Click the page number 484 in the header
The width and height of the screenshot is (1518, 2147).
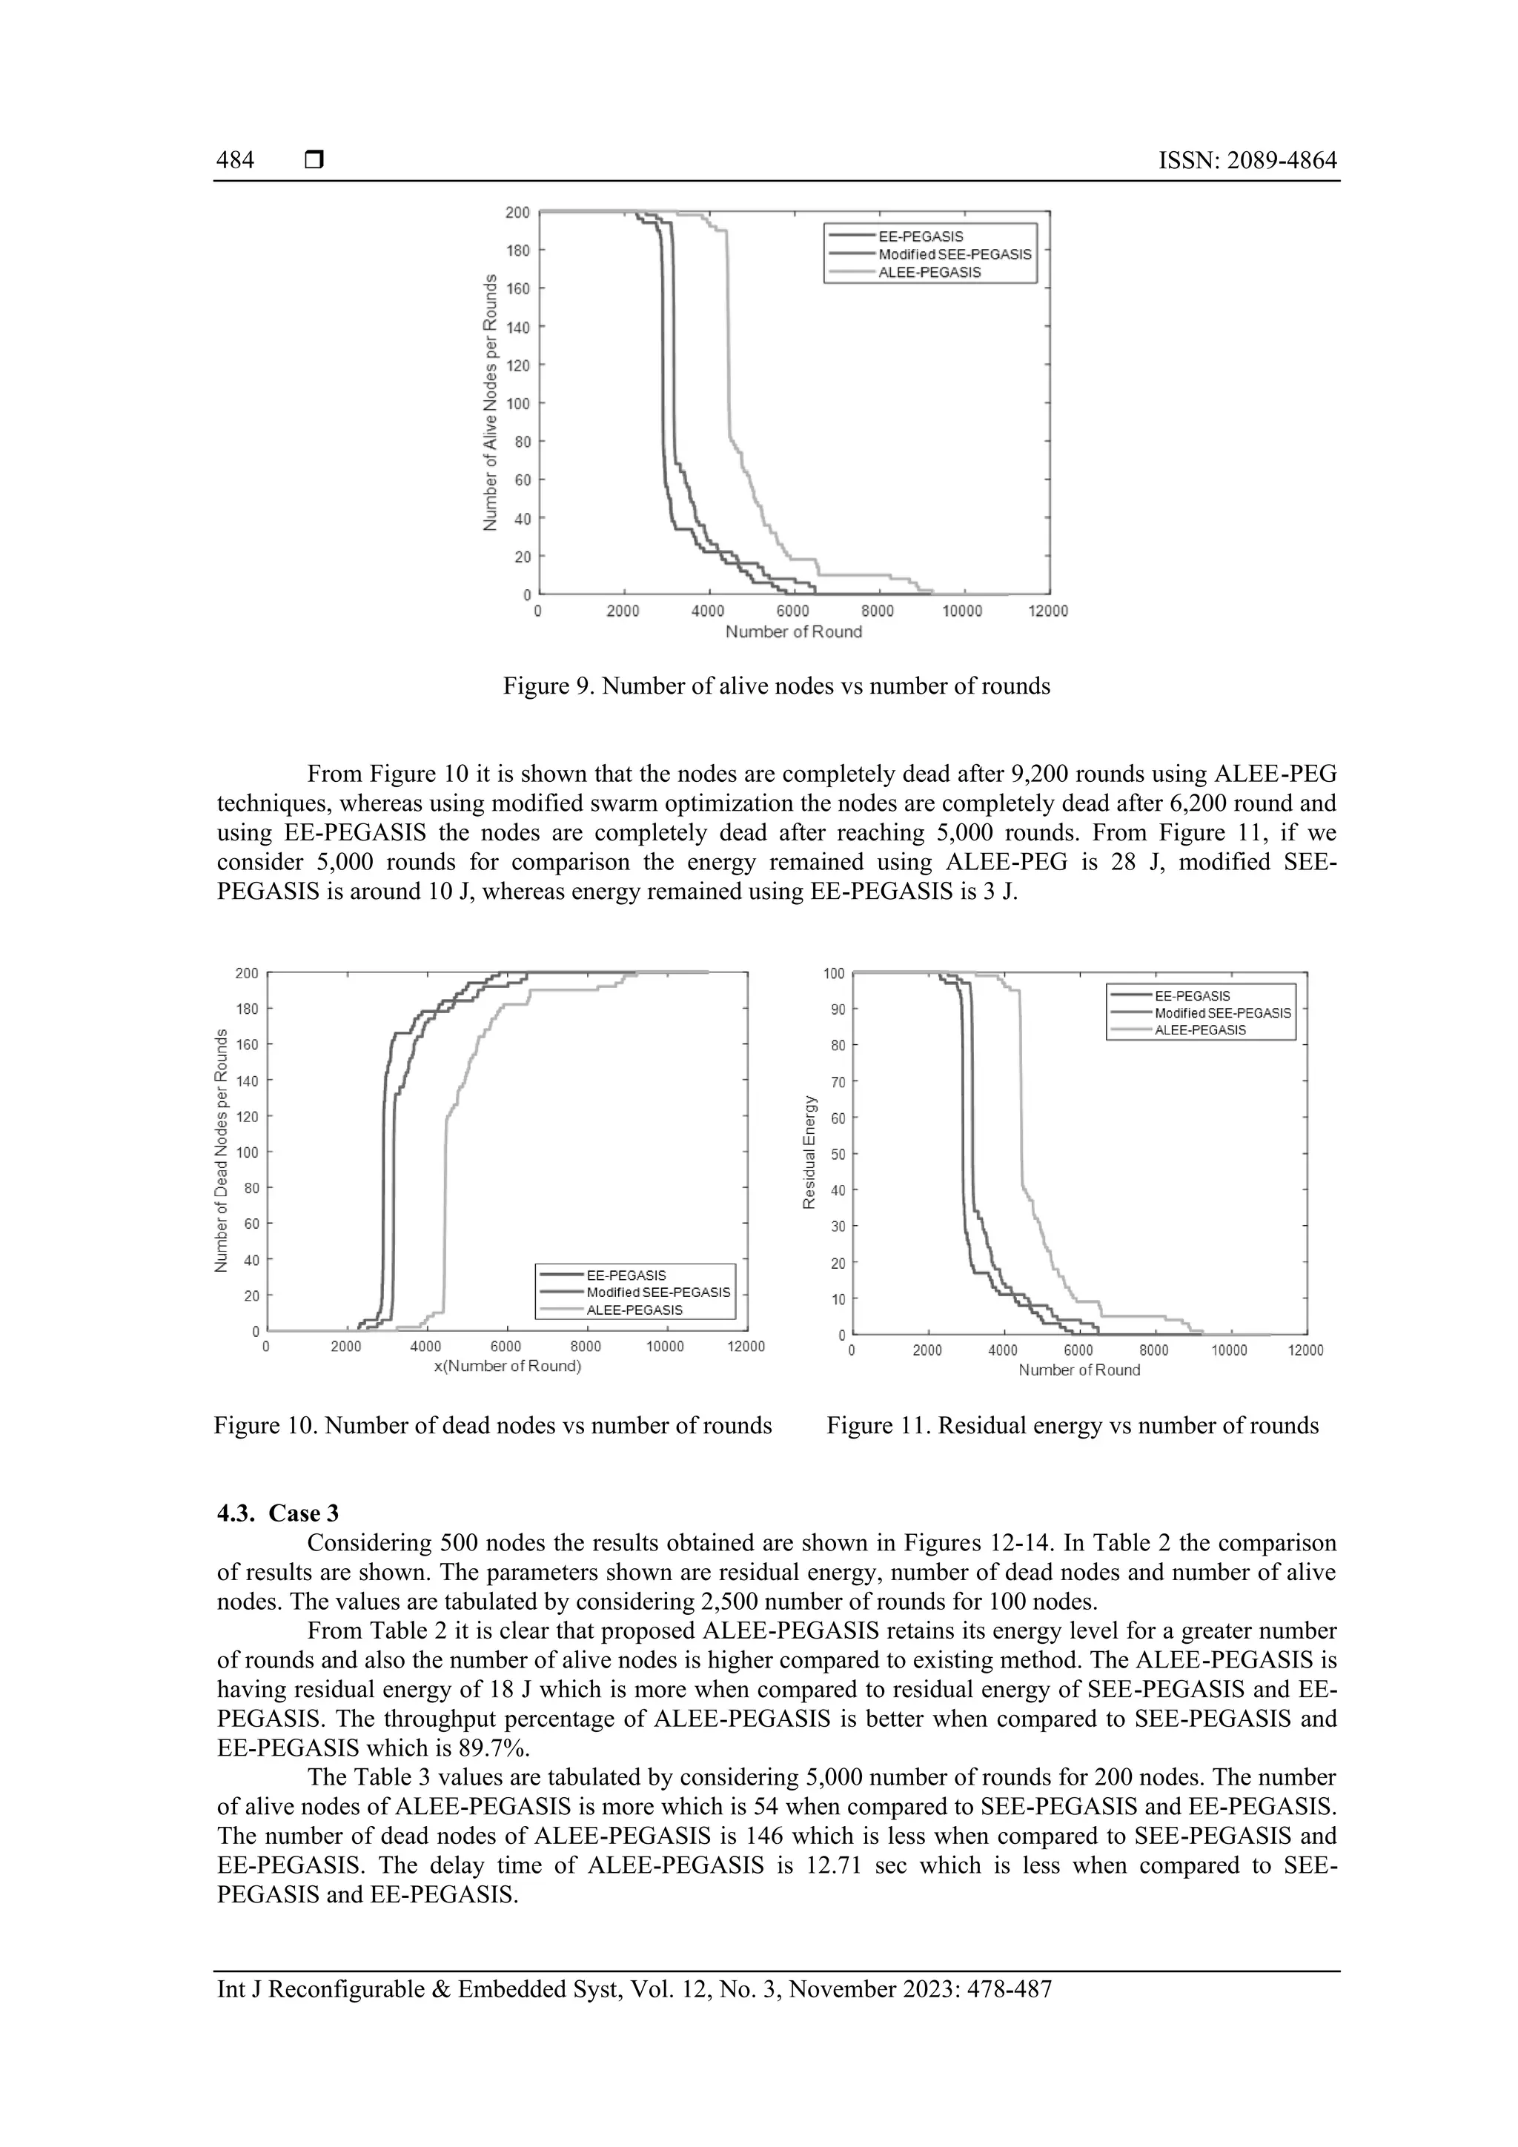[235, 161]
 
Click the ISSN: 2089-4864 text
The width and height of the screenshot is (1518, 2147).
[1247, 161]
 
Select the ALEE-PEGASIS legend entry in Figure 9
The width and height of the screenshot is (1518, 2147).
[929, 273]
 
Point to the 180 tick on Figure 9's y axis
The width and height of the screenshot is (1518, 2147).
[517, 250]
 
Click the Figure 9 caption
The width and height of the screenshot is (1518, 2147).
[776, 686]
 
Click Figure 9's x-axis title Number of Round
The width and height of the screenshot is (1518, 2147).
[793, 632]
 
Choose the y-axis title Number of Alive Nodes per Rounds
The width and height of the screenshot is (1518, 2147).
[489, 403]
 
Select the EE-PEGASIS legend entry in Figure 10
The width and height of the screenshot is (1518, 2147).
[626, 1275]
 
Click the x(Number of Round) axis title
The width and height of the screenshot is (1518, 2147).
[507, 1366]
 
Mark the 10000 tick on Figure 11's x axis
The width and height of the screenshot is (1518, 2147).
[1229, 1351]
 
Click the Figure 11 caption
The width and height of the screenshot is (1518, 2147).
[1072, 1426]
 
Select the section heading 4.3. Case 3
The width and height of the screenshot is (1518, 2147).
[278, 1513]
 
